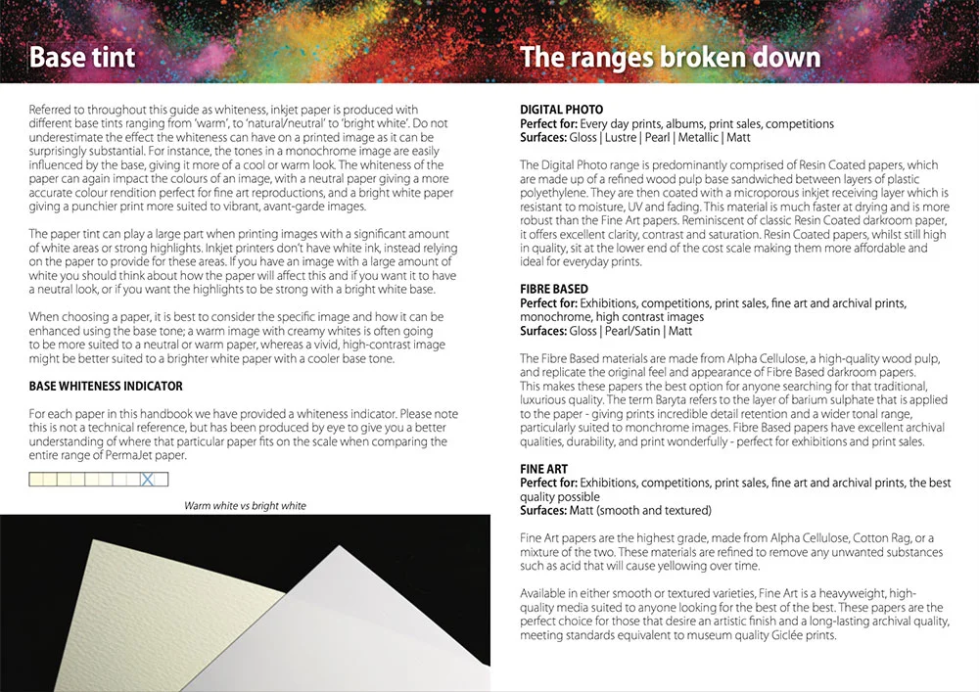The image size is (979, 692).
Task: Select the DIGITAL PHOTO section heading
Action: pyautogui.click(x=561, y=110)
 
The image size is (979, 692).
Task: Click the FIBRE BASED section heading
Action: pyautogui.click(x=554, y=290)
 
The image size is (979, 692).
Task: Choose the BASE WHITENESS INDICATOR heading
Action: pyautogui.click(x=106, y=387)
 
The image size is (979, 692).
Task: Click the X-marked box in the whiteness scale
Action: pyautogui.click(x=148, y=480)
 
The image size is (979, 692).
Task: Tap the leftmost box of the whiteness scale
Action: pyautogui.click(x=37, y=480)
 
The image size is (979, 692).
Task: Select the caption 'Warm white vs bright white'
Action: pyautogui.click(x=245, y=506)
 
